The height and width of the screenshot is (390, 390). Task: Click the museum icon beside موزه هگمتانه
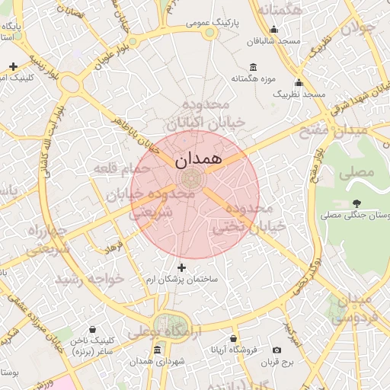(x=253, y=66)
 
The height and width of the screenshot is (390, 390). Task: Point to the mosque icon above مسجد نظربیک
(x=299, y=83)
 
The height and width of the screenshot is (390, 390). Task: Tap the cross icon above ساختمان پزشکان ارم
(x=181, y=267)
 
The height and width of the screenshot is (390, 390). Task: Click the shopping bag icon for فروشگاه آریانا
(x=233, y=339)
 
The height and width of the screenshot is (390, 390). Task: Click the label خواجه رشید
(x=96, y=279)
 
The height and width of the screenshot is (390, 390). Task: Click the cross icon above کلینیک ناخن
(x=92, y=329)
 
